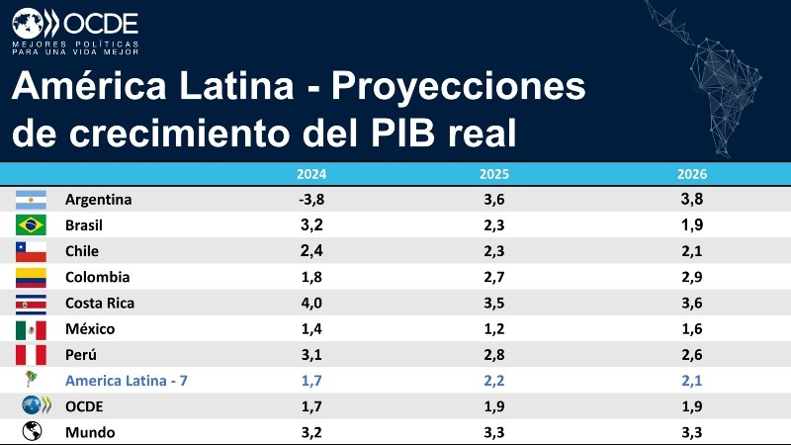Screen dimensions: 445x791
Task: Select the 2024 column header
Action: pos(311,174)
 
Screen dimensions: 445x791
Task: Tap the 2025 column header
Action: pos(494,174)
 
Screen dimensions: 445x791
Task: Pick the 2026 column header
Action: pos(692,174)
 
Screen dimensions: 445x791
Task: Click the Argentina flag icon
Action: pos(32,200)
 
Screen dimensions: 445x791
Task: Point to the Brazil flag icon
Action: pos(32,225)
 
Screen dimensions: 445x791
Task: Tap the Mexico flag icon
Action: pos(32,329)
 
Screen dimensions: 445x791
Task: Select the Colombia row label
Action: pos(97,277)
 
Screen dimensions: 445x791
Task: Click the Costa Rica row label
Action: pos(100,303)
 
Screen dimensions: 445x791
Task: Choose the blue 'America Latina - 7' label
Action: pos(127,381)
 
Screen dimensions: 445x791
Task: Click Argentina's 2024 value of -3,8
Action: pos(311,200)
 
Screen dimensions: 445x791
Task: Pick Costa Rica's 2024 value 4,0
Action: pos(311,303)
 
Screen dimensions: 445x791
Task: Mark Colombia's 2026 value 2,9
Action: pos(692,277)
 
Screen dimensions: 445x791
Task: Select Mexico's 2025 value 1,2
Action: pos(494,329)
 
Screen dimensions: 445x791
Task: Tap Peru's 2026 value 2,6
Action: pos(692,355)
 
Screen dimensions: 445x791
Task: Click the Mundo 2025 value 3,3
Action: pos(494,432)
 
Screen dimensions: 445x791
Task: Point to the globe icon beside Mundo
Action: pos(32,432)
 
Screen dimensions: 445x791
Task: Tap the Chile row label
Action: pos(82,251)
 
